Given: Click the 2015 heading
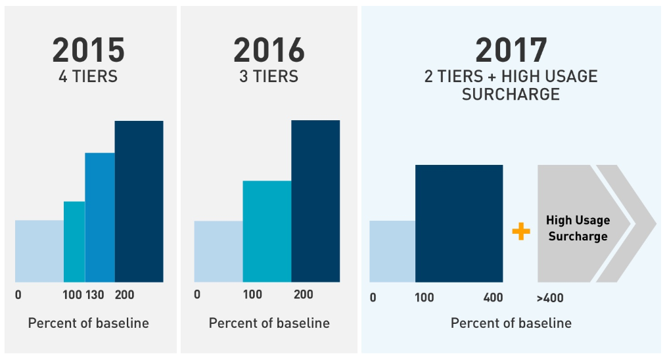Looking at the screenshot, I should [x=88, y=50].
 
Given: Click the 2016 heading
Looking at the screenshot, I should [x=269, y=50].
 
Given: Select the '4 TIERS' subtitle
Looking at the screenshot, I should [x=88, y=77].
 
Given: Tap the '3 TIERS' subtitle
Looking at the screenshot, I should [x=269, y=77].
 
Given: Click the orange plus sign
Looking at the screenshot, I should [x=520, y=231].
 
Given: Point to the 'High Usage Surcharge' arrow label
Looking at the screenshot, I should [x=578, y=228].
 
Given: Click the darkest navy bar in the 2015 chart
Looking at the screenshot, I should [x=139, y=201].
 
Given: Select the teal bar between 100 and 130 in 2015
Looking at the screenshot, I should [x=74, y=242].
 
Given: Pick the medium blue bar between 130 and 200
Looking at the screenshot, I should [x=100, y=217].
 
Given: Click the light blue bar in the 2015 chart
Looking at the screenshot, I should [x=39, y=251].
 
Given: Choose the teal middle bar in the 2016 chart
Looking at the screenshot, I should [x=267, y=231].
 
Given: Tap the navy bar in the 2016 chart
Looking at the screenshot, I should [x=315, y=201].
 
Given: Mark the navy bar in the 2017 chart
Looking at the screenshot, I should [x=459, y=223].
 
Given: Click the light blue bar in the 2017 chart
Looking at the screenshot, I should [x=392, y=251].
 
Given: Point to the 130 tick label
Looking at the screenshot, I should [x=95, y=295].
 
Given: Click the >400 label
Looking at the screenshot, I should [x=550, y=298].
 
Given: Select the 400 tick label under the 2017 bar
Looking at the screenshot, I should [x=493, y=298].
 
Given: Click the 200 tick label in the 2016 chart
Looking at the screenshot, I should [x=304, y=295].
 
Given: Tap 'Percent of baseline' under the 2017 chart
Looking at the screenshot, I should [x=511, y=323].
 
